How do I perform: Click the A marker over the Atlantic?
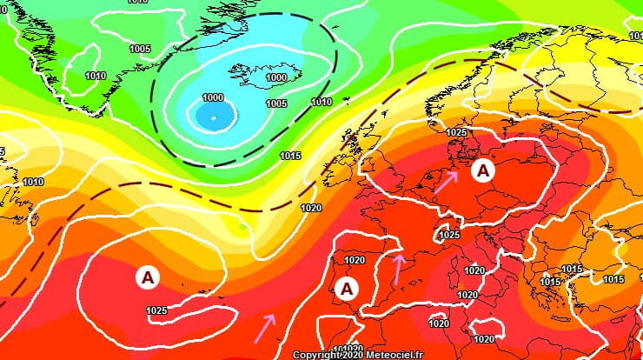[148, 277]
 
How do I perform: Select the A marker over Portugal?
[348, 288]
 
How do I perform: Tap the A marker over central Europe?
[483, 171]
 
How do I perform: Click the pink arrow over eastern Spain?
[398, 269]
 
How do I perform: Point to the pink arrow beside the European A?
[446, 181]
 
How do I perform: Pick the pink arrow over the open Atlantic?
[265, 327]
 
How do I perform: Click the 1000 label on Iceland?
[276, 77]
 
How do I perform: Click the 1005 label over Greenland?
[139, 49]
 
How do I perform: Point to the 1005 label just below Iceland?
[276, 103]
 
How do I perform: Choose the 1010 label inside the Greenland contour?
[96, 76]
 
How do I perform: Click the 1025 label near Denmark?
[456, 132]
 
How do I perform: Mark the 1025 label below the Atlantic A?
[157, 310]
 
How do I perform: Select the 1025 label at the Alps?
[449, 235]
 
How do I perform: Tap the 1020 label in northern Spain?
[355, 260]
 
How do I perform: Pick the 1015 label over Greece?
[549, 281]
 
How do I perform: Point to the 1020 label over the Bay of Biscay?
[310, 208]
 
